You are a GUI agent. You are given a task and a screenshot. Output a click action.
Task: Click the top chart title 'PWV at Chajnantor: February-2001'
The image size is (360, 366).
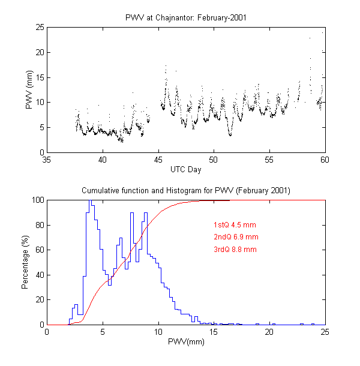185,17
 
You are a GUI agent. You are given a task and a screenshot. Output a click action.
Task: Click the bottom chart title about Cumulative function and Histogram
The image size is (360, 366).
185,191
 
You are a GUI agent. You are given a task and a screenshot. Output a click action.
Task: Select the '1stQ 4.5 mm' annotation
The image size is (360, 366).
235,225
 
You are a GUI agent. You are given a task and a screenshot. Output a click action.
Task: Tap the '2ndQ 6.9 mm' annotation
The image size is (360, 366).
235,237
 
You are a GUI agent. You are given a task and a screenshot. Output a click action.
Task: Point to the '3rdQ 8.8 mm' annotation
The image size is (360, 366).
235,249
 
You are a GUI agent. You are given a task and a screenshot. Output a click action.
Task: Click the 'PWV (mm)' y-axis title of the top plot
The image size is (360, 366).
28,89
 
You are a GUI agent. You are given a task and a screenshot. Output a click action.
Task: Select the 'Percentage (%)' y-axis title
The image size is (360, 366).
25,262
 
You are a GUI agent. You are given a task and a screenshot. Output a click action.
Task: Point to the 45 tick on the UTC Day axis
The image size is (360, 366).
158,160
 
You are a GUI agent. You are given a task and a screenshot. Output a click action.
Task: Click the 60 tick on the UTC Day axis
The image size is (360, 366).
325,160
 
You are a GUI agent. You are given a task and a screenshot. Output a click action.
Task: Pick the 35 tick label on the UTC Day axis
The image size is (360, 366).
47,160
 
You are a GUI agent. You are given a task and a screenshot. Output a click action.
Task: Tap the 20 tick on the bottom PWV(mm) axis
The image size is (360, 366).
269,332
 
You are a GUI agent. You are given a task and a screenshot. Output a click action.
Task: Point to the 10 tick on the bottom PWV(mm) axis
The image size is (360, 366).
158,332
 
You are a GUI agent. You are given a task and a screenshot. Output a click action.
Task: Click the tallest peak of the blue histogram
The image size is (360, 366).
89,201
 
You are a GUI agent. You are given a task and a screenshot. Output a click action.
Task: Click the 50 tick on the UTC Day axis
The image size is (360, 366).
214,160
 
